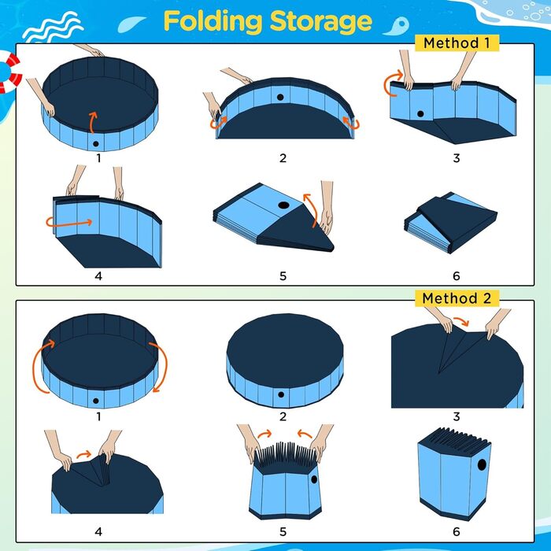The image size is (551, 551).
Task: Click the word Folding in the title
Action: [x=213, y=22]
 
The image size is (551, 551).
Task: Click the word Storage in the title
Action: [x=321, y=23]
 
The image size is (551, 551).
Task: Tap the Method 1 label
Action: [x=457, y=43]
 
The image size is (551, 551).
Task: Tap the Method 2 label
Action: [x=457, y=298]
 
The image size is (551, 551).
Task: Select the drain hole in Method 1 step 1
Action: [x=95, y=144]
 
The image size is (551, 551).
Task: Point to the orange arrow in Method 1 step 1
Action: [x=92, y=122]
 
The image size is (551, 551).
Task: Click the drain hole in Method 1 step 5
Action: [x=283, y=205]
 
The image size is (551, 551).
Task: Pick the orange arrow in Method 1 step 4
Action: [x=69, y=222]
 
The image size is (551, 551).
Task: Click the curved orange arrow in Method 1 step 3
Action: [x=388, y=84]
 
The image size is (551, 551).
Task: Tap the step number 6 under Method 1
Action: [x=456, y=276]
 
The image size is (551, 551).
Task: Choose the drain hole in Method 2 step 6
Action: [x=482, y=464]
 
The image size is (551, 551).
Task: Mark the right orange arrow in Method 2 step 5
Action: [x=305, y=434]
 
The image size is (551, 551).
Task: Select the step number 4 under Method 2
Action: [x=98, y=531]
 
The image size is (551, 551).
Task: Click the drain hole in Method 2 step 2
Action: [x=281, y=394]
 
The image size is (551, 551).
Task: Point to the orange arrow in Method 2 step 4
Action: [x=84, y=455]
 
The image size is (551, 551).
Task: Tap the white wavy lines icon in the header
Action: [x=53, y=27]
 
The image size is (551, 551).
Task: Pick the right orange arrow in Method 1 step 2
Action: [x=351, y=123]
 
